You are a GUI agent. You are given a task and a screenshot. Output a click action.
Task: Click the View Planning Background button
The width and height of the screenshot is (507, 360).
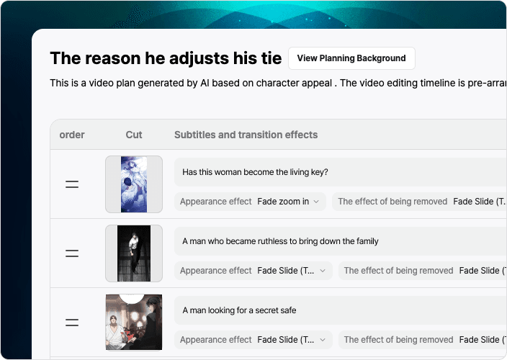[x=351, y=58]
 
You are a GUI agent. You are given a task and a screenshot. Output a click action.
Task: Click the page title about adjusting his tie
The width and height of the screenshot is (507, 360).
[x=166, y=58]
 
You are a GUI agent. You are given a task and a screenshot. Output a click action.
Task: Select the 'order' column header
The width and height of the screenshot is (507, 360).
[x=72, y=135]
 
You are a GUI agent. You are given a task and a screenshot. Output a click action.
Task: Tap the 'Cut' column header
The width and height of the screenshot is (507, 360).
[x=134, y=135]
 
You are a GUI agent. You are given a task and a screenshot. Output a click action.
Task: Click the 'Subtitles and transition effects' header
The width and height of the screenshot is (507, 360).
[x=246, y=135]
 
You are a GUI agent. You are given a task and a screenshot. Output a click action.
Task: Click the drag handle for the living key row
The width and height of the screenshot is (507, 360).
[x=72, y=184]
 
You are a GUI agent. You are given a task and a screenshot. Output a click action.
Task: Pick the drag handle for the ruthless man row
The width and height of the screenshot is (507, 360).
[x=72, y=253]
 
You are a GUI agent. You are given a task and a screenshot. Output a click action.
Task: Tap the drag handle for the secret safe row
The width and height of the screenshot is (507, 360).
[x=72, y=322]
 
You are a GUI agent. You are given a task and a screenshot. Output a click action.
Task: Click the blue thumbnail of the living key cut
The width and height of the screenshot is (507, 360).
[x=134, y=184]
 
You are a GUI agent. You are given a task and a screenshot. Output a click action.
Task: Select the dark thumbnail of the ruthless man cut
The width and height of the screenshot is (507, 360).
[x=134, y=253]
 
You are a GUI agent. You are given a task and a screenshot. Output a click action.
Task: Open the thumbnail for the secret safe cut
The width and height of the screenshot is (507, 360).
[x=134, y=322]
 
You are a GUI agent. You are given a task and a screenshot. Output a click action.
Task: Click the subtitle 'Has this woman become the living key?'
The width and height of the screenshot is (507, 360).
[x=255, y=172]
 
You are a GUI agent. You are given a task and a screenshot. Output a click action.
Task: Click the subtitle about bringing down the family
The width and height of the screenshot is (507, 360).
[x=280, y=241]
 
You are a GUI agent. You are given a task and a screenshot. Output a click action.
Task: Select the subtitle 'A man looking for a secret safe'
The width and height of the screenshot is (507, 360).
[x=239, y=310]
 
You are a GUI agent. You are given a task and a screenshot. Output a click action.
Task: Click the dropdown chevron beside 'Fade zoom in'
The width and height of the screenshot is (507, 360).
[x=316, y=202]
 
